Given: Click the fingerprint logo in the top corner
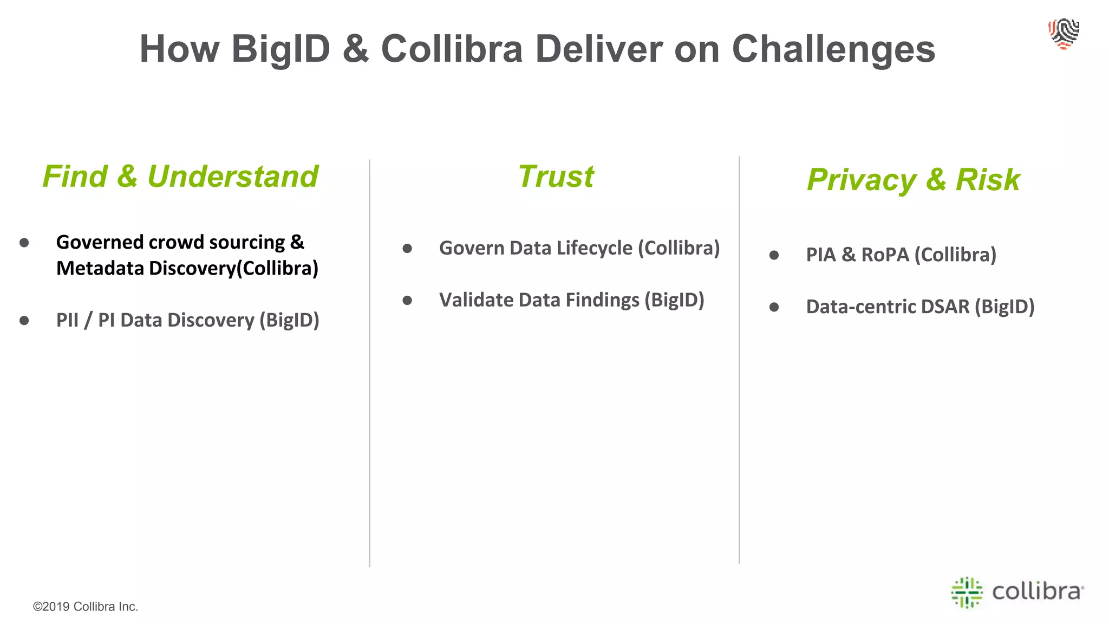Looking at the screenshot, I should pos(1064,34).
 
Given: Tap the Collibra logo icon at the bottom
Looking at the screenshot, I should pos(967,592).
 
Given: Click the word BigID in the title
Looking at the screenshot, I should pos(280,49).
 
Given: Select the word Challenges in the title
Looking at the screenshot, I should pos(833,49).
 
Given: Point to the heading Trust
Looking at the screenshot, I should pos(556,177).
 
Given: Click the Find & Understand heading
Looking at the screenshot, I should pos(180,177).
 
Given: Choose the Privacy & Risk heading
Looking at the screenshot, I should pos(913,180).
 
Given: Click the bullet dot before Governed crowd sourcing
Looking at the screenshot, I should pos(24,243).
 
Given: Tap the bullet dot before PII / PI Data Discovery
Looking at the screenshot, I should pos(24,321).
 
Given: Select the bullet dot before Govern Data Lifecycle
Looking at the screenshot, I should pos(407,249).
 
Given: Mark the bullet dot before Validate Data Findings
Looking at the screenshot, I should pos(407,301).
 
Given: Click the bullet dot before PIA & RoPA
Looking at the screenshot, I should pos(774,255).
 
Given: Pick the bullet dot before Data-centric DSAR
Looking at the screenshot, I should pos(774,307).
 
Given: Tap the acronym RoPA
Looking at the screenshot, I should pos(885,255).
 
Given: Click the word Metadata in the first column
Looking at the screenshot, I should pos(100,268).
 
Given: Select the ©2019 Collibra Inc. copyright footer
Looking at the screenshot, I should pos(86,607).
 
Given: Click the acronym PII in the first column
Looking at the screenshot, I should pos(67,320).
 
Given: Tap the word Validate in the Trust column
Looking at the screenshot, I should pos(476,300).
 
